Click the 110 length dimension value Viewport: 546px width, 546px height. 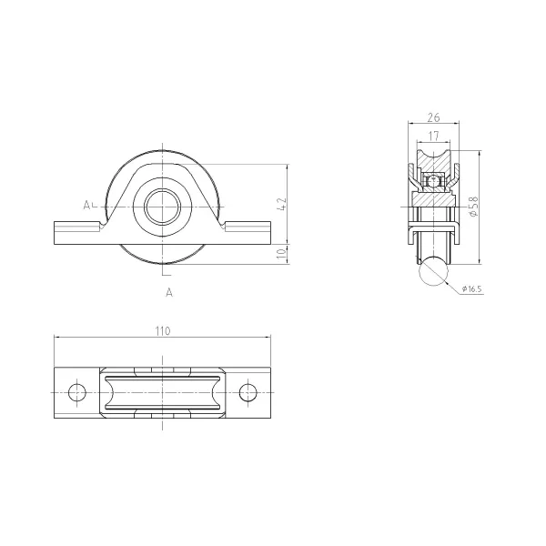(x=163, y=331)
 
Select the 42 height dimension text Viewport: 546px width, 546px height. (x=281, y=204)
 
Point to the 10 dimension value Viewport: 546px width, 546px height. (x=281, y=254)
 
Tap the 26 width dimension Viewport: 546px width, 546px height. (x=433, y=117)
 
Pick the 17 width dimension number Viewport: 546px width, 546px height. (x=433, y=136)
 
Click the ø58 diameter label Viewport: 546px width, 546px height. (x=474, y=207)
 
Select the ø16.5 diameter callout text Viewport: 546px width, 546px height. (x=471, y=288)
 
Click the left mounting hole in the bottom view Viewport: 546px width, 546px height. (x=77, y=392)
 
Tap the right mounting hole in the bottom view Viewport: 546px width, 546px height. (x=248, y=392)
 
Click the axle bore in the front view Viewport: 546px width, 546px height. (x=162, y=207)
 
